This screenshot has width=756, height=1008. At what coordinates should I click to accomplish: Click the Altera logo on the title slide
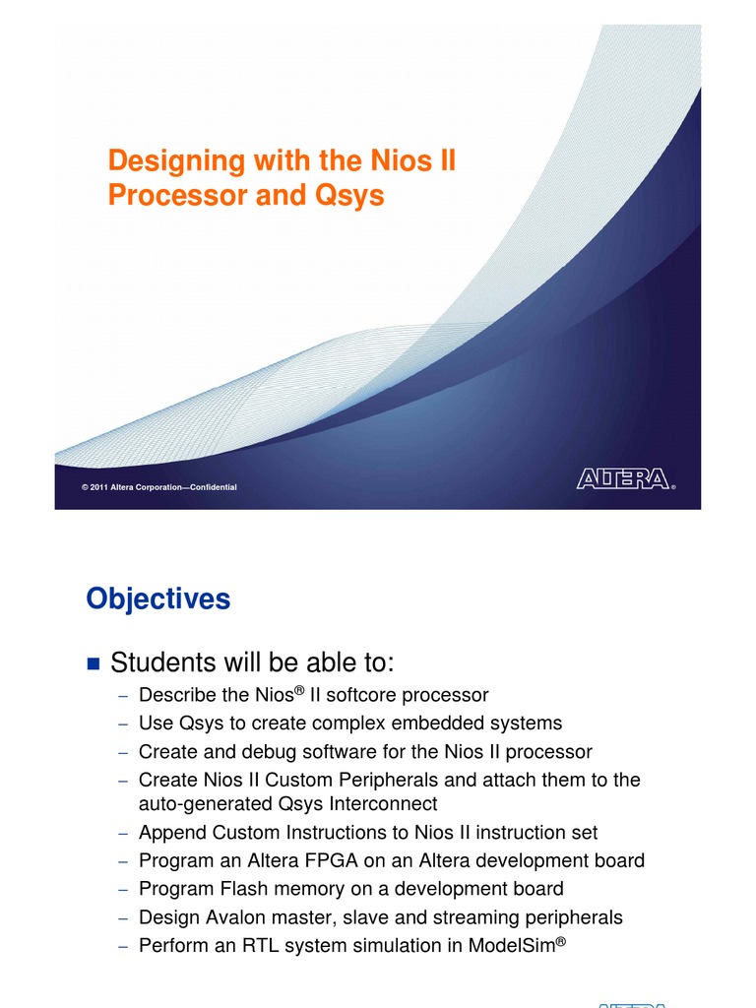[x=623, y=479]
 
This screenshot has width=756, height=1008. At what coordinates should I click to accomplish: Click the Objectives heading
[x=157, y=598]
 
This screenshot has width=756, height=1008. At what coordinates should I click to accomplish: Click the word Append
[x=170, y=833]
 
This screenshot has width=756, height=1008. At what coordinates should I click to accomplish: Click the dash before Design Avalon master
[x=123, y=917]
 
